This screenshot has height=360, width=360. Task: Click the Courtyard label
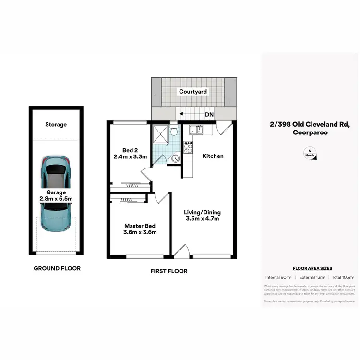click(193, 91)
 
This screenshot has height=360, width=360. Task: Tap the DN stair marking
click(209, 115)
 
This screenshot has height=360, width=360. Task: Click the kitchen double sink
click(196, 130)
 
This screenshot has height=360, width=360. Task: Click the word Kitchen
click(213, 156)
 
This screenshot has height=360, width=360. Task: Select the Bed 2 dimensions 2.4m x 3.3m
click(130, 156)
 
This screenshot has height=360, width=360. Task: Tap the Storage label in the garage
click(56, 125)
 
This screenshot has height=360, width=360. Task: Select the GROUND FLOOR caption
click(57, 268)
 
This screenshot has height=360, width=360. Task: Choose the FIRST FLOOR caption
click(168, 271)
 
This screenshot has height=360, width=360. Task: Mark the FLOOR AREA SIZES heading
click(312, 268)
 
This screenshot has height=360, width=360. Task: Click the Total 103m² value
click(343, 277)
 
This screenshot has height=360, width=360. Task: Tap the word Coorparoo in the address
click(310, 133)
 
